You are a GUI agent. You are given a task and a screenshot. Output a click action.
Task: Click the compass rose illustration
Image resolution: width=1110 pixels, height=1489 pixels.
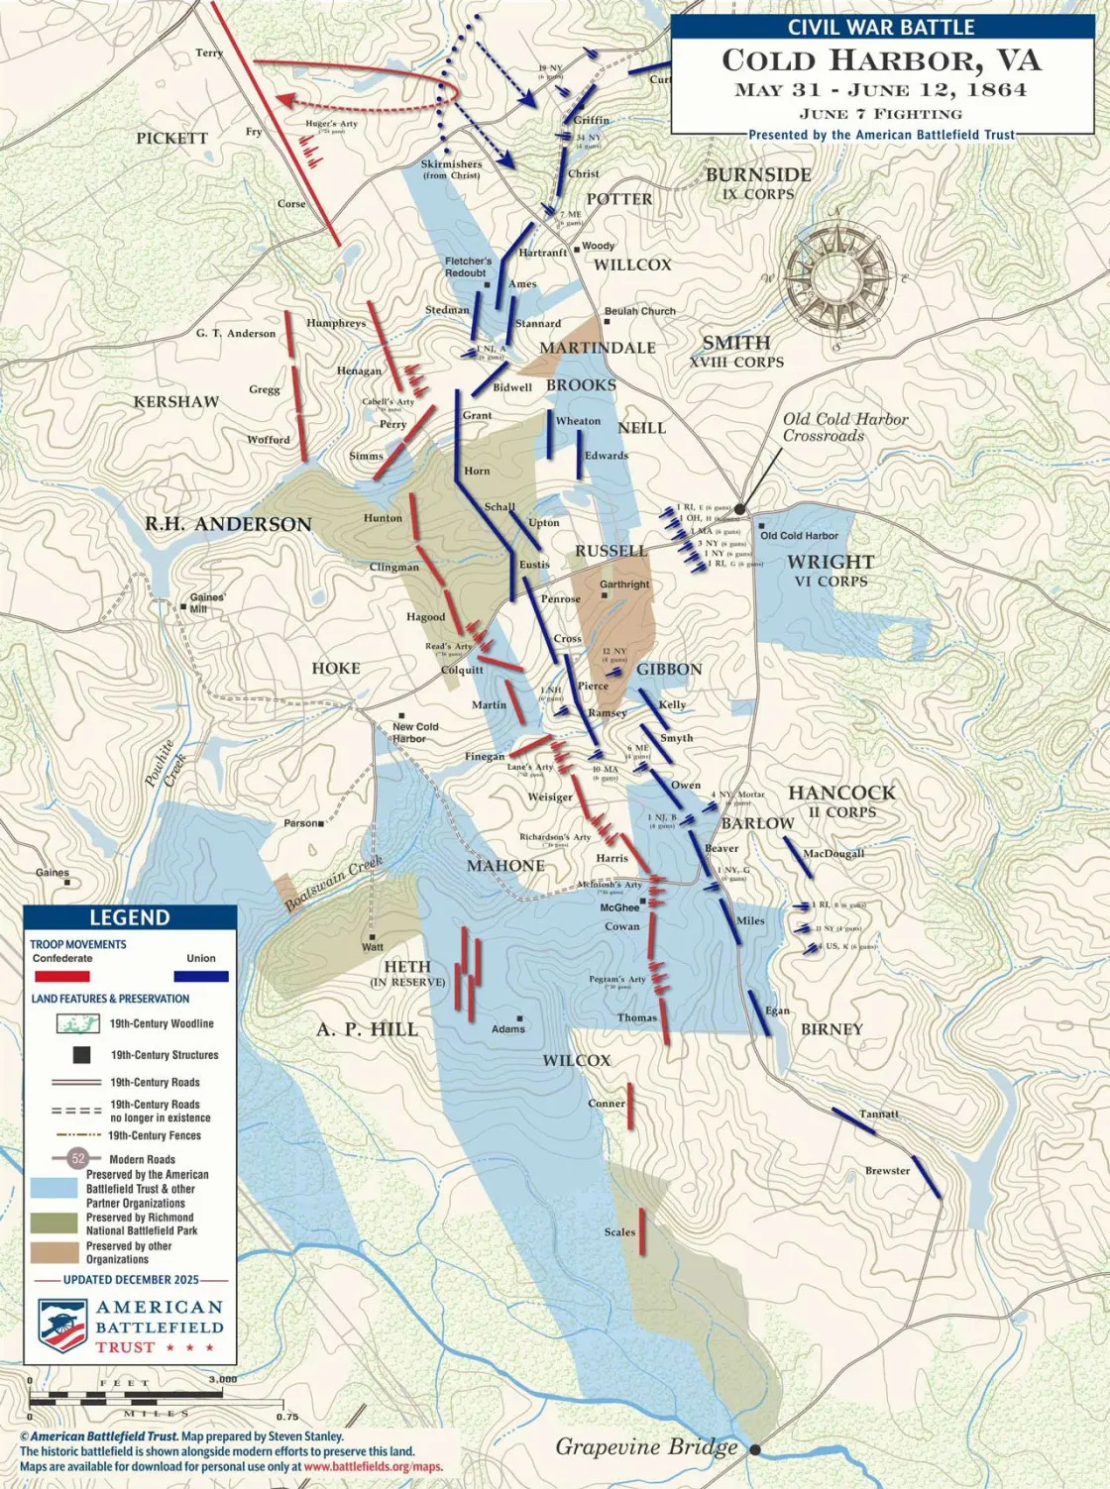pos(838,274)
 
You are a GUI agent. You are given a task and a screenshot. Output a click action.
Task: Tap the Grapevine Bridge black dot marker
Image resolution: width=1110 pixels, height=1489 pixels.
pos(755,1449)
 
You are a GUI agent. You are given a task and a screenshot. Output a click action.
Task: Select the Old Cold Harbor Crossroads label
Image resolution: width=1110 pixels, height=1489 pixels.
pos(844,427)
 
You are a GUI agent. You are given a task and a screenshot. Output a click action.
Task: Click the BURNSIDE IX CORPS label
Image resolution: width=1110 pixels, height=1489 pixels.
pos(758,182)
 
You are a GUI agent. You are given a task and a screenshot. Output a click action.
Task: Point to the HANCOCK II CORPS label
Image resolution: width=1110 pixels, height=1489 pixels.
pos(841,800)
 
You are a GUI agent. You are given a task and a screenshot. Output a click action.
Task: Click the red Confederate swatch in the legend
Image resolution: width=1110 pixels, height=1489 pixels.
pos(62,976)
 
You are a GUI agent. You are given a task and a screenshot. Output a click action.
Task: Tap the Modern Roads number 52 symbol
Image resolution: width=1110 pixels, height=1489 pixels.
pos(78,1158)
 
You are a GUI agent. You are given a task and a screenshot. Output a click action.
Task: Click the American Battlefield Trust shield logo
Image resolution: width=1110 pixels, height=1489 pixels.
pos(62,1327)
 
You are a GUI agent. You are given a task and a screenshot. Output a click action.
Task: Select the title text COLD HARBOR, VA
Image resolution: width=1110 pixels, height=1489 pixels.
pos(881,60)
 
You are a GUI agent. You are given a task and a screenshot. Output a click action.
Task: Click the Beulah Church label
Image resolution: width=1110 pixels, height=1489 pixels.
pos(640,311)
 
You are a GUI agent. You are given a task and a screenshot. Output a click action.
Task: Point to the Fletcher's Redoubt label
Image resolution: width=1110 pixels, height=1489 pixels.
pos(467,266)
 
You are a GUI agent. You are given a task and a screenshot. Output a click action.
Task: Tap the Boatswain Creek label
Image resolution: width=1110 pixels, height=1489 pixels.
pos(333,884)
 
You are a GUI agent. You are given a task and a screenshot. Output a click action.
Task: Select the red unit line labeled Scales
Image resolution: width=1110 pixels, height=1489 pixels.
pos(642,1231)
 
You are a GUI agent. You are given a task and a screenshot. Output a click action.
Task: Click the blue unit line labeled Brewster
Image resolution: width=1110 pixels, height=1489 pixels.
pos(926,1176)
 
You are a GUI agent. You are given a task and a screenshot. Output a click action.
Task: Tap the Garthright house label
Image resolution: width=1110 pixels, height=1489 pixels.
pos(624,585)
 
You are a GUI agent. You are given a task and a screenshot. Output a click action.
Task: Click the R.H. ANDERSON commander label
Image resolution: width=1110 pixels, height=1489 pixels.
pos(228,524)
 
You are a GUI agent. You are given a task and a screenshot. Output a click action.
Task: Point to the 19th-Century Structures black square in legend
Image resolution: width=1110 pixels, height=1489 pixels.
pos(81,1055)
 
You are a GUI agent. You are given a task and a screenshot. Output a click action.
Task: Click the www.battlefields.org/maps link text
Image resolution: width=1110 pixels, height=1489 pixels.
pos(373,1466)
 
